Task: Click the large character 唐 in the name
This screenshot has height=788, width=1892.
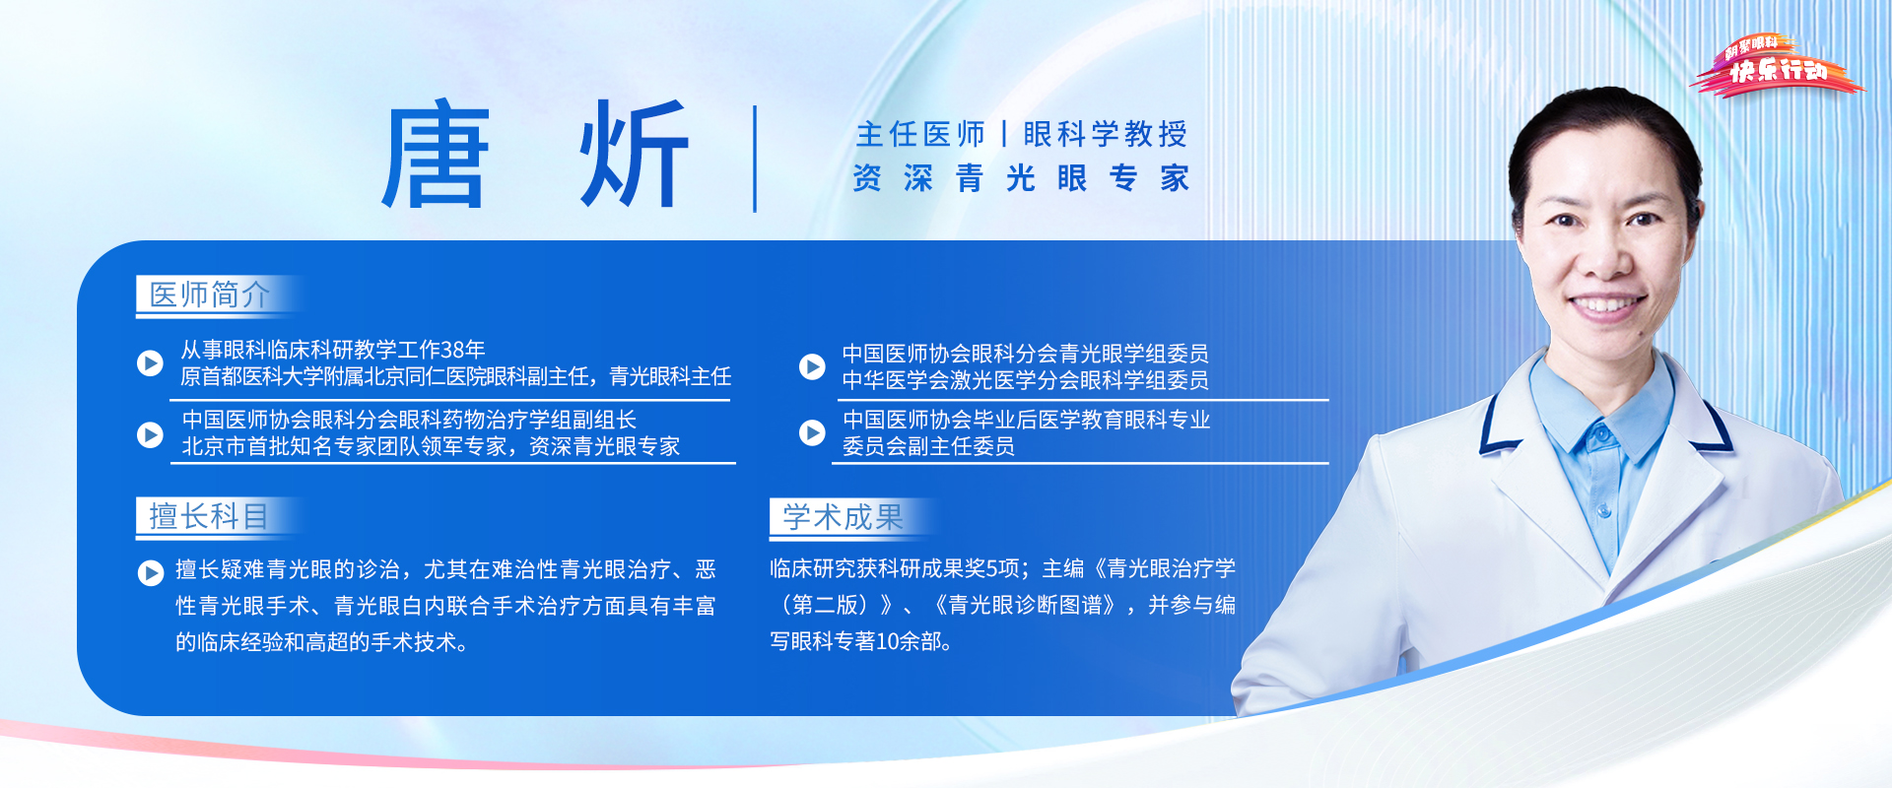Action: (436, 156)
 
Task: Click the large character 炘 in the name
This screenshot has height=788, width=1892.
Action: (634, 156)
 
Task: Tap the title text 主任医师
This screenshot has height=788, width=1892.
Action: (920, 134)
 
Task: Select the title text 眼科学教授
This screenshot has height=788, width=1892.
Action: (1106, 134)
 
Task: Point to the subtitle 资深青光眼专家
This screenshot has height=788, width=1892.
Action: (1021, 178)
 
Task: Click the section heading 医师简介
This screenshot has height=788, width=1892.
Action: (209, 295)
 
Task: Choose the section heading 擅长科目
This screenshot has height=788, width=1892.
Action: (209, 516)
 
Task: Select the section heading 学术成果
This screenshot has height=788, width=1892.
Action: (843, 516)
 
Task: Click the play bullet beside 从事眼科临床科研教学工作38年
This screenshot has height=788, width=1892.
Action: (150, 363)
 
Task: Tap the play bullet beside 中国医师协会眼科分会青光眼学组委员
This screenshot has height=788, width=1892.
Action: (812, 366)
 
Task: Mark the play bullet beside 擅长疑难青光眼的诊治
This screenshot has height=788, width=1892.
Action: (151, 572)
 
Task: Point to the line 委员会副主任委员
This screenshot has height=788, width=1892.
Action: (928, 446)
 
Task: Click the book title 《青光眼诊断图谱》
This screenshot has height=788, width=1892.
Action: (1026, 605)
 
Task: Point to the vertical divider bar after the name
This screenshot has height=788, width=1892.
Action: (755, 159)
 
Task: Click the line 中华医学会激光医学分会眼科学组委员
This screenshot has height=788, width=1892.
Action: (1025, 380)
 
